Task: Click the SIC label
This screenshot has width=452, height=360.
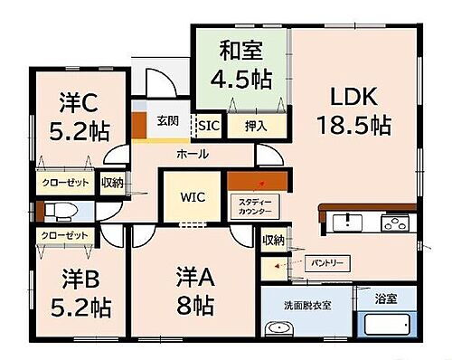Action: [208, 125]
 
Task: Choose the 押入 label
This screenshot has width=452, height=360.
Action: [256, 126]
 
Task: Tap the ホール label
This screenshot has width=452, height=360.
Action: [193, 154]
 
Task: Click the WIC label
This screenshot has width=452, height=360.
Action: [193, 195]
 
